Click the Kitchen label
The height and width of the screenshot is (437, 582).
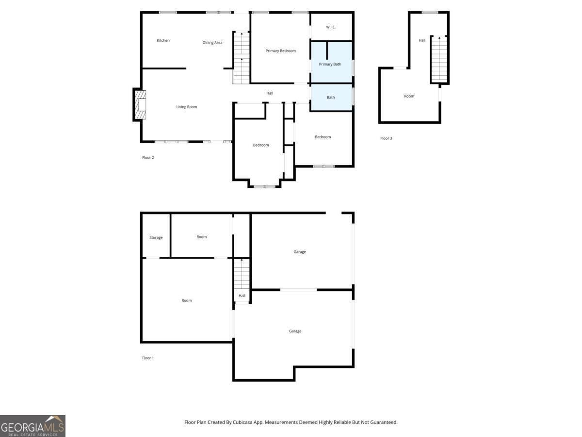163,40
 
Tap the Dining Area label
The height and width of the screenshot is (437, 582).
212,43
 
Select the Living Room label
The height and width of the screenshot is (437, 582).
186,107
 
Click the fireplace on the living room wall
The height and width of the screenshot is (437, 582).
139,104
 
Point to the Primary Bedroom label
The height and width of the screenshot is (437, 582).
280,51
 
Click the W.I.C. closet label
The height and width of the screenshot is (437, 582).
331,27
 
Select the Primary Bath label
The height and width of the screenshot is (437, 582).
330,64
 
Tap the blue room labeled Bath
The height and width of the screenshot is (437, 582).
331,97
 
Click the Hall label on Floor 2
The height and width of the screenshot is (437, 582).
270,93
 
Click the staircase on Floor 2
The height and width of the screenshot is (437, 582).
241,58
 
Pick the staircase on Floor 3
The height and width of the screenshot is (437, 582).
439,59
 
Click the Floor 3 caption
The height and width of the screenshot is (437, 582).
386,138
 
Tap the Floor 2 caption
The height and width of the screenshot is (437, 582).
148,157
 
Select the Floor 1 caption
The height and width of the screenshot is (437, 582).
148,358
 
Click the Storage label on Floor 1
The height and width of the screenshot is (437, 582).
156,237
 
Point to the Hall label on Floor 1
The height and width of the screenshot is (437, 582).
242,296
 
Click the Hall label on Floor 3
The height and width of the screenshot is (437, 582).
422,40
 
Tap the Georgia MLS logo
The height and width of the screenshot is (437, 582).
32,426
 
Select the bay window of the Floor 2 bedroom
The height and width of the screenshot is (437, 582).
264,186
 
